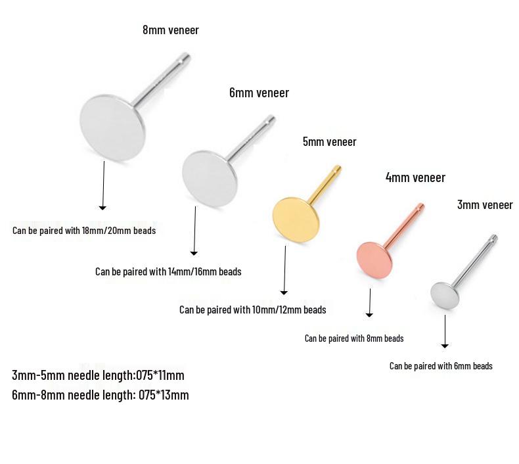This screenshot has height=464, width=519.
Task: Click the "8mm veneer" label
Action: [171, 30]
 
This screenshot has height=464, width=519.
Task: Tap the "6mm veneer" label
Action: [259, 93]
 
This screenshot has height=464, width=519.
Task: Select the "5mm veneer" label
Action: [330, 142]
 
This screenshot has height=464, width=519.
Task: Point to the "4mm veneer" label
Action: [415, 177]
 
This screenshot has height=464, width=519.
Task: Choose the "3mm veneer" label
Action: [485, 204]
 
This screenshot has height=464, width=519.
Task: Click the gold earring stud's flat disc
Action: [296, 220]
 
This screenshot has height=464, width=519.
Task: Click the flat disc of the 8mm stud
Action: [112, 128]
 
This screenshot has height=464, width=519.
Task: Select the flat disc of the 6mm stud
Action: [210, 179]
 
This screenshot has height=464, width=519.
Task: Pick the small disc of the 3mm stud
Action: [445, 296]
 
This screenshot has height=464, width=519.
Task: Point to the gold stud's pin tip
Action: [338, 168]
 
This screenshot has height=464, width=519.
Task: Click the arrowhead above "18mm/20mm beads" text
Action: [102, 208]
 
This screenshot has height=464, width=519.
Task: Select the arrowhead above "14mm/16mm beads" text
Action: [194, 254]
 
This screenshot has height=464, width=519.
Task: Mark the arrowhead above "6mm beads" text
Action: [445, 346]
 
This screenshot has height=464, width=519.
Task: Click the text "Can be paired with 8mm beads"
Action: [354, 338]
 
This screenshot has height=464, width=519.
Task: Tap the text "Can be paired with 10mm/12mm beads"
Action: [252, 310]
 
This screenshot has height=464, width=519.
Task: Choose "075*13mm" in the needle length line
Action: [164, 395]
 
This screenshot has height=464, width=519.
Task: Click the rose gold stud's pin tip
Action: [420, 206]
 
